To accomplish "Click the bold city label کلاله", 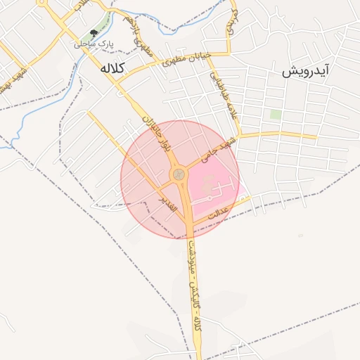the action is pyautogui.click(x=112, y=68).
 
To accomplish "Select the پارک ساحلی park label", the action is pyautogui.click(x=94, y=44).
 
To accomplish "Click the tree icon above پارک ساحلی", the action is pyautogui.click(x=94, y=33).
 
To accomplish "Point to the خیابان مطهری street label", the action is pyautogui.click(x=186, y=60).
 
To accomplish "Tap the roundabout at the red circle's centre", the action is pyautogui.click(x=179, y=174).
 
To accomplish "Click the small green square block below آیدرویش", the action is pyautogui.click(x=276, y=114).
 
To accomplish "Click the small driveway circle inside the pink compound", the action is pyautogui.click(x=208, y=187).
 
